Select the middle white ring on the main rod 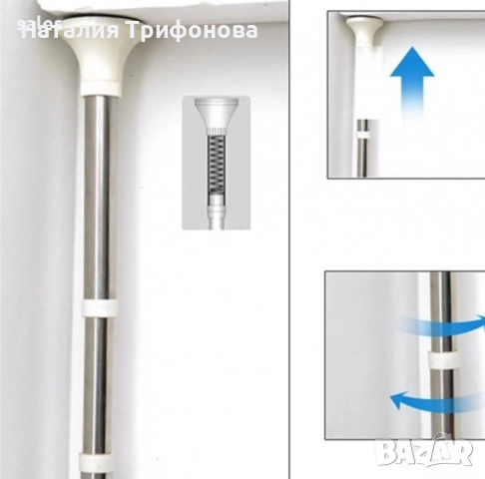[100, 307]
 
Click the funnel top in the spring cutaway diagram [217, 119]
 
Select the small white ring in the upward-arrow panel [363, 130]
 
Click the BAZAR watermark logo [424, 453]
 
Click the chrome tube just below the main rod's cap [98, 130]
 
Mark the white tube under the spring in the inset [217, 210]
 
